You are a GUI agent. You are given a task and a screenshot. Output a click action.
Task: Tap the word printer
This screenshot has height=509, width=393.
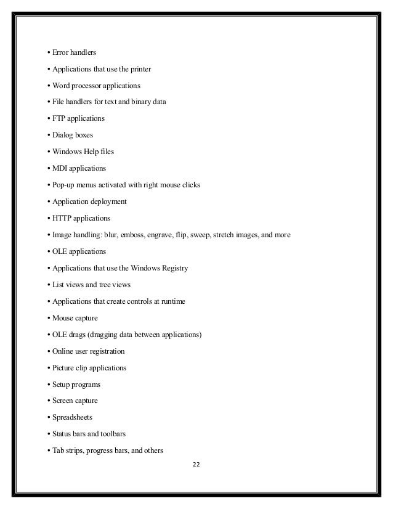137,69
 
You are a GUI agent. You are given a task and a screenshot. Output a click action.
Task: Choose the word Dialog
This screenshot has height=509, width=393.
63,135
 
